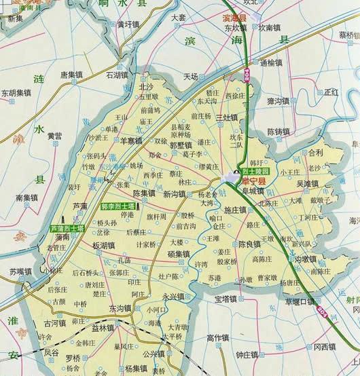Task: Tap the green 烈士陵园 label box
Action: (x=255, y=172)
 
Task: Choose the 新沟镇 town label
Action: (x=175, y=194)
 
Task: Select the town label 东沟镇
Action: (x=120, y=309)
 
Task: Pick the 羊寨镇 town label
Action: (x=131, y=140)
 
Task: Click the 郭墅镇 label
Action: (x=180, y=145)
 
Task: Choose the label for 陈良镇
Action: (x=249, y=243)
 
